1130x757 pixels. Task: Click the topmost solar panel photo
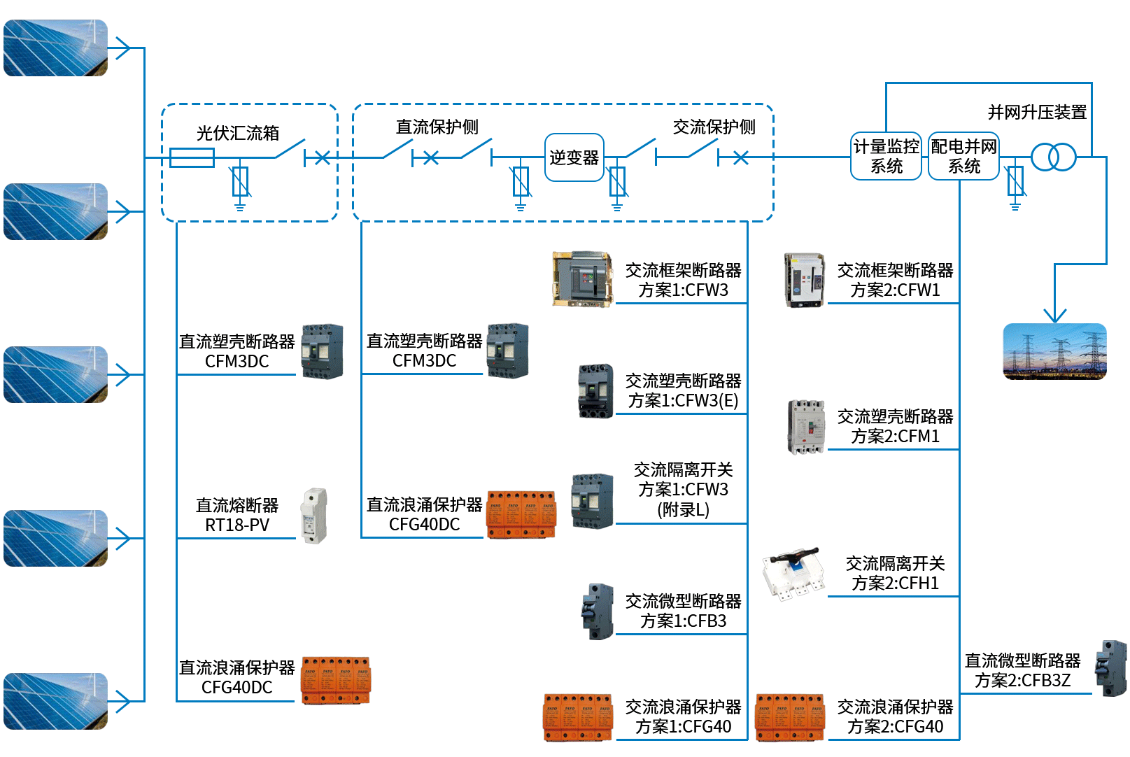[x=55, y=48]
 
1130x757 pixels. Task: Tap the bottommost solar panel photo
[x=55, y=701]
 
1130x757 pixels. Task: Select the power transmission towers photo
[x=1054, y=351]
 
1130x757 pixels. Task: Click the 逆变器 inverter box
[x=574, y=157]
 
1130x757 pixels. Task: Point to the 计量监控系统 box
[x=886, y=156]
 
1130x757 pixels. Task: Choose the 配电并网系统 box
[x=963, y=156]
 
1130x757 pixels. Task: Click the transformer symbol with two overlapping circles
[x=1052, y=157]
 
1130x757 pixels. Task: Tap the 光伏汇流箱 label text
[x=238, y=133]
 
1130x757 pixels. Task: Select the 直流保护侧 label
[x=437, y=127]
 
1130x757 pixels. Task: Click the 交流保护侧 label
[x=714, y=127]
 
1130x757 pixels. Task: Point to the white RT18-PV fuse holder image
[x=314, y=516]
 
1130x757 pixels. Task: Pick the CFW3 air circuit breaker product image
[x=582, y=278]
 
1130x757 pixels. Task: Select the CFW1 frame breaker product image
[x=804, y=280]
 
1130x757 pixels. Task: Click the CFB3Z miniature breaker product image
[x=1111, y=668]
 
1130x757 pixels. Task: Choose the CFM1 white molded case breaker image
[x=806, y=427]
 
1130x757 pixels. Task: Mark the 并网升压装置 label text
[x=1036, y=112]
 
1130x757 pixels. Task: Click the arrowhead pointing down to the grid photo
[x=1054, y=314]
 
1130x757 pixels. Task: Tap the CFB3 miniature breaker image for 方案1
[x=598, y=611]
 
